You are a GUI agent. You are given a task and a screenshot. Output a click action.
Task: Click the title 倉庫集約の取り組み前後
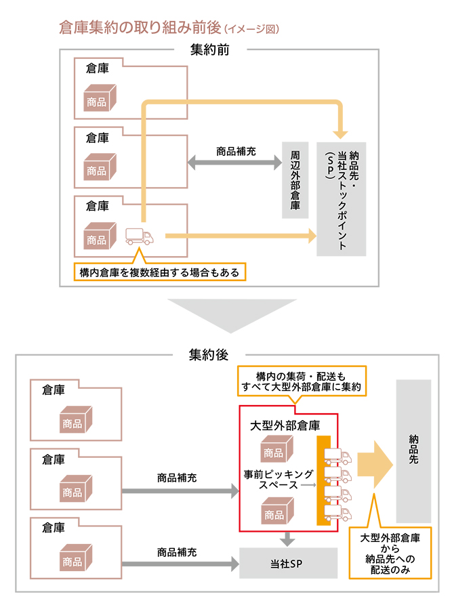tap(140, 28)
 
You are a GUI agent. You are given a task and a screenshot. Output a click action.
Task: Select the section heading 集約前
tap(210, 49)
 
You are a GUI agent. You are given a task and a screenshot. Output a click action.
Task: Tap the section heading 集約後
tap(209, 354)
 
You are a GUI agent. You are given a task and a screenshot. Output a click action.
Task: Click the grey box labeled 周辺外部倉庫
tap(295, 180)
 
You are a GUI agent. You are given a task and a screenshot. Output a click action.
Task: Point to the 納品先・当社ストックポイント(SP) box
tap(342, 199)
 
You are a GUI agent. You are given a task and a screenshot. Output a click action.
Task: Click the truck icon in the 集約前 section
tap(140, 236)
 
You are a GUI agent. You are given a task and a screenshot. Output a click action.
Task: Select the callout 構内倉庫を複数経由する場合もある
tap(160, 272)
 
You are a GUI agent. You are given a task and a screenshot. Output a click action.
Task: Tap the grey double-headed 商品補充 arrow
tap(234, 162)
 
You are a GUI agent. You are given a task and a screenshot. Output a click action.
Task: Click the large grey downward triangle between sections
tap(232, 312)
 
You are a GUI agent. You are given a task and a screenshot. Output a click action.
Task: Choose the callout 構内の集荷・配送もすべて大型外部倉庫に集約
tap(302, 381)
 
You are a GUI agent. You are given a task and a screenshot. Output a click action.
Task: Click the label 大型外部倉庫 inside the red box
tap(285, 425)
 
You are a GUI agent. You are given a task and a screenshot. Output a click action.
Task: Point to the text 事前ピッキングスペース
tap(278, 480)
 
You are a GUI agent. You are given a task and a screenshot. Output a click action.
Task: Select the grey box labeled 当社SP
tap(288, 563)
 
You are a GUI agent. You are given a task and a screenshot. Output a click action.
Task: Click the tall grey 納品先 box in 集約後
tap(413, 451)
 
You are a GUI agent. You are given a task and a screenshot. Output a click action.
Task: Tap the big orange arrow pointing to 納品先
tap(375, 464)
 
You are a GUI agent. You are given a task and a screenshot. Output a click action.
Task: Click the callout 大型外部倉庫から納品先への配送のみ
tap(390, 553)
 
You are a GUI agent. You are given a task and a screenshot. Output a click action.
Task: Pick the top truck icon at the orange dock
tap(337, 457)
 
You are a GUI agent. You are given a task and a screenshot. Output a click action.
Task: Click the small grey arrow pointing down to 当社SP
tap(287, 539)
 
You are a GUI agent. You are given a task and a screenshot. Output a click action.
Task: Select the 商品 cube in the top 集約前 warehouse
tap(100, 98)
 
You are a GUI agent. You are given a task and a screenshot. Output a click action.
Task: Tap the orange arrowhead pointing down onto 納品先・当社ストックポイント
tap(340, 134)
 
